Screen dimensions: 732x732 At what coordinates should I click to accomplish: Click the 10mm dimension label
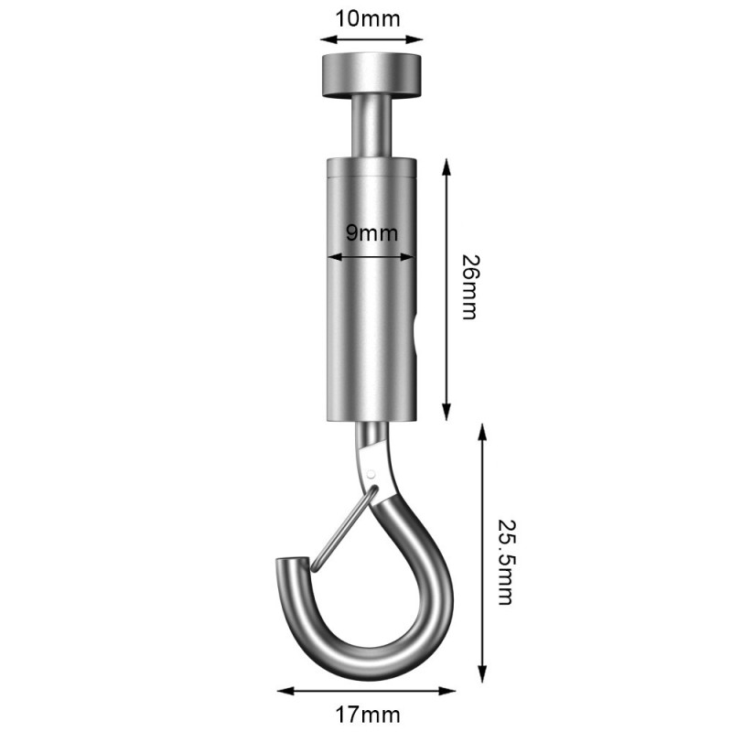(371, 18)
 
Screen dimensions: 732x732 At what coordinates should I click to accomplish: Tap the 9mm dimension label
(371, 232)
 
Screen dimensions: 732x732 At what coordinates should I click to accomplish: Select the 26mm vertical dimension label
(468, 286)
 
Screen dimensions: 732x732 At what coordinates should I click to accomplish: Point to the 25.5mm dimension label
(504, 563)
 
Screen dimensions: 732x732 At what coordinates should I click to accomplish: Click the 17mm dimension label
(366, 712)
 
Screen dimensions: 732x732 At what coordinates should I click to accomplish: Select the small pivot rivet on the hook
(372, 473)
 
